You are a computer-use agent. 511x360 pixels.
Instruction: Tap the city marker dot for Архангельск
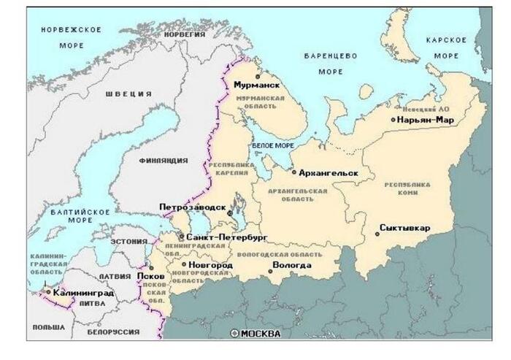(x=293, y=173)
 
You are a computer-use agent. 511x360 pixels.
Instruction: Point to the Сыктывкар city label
(x=407, y=228)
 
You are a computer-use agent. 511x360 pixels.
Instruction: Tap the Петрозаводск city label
(x=193, y=207)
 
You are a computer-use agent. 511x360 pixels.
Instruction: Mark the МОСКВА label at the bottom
(x=261, y=334)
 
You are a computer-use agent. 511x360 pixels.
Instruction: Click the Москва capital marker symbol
(x=234, y=334)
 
